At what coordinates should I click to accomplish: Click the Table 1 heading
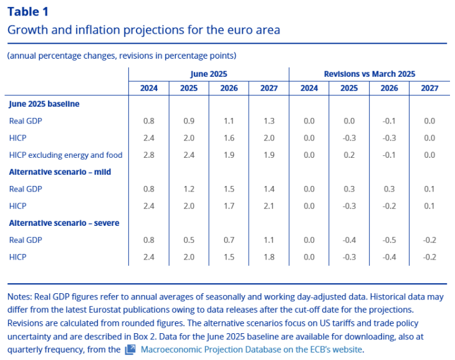pyautogui.click(x=27, y=11)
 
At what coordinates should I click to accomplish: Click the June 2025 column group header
pyautogui.click(x=208, y=74)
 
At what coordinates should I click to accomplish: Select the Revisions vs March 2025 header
pyautogui.click(x=369, y=74)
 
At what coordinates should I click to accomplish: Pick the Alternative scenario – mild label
pyautogui.click(x=60, y=172)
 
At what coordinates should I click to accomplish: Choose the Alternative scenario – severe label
pyautogui.click(x=64, y=223)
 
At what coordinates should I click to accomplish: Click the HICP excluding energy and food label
pyautogui.click(x=65, y=155)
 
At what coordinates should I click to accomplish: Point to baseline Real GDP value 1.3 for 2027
pyautogui.click(x=269, y=120)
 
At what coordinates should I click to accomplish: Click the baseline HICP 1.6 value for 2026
pyautogui.click(x=229, y=138)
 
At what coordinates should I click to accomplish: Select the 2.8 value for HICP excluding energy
pyautogui.click(x=149, y=155)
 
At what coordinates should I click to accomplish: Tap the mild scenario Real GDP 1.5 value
pyautogui.click(x=229, y=188)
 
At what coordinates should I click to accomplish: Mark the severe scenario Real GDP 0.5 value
pyautogui.click(x=189, y=240)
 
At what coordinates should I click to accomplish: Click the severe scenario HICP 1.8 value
pyautogui.click(x=269, y=256)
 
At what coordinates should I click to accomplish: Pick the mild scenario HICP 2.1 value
pyautogui.click(x=269, y=205)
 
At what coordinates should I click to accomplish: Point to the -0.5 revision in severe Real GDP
pyautogui.click(x=390, y=240)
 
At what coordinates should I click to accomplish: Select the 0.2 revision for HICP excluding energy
pyautogui.click(x=349, y=155)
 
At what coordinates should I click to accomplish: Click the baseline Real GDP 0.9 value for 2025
pyautogui.click(x=189, y=120)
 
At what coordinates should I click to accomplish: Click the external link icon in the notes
pyautogui.click(x=130, y=349)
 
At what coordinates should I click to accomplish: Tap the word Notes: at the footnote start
pyautogui.click(x=19, y=297)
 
